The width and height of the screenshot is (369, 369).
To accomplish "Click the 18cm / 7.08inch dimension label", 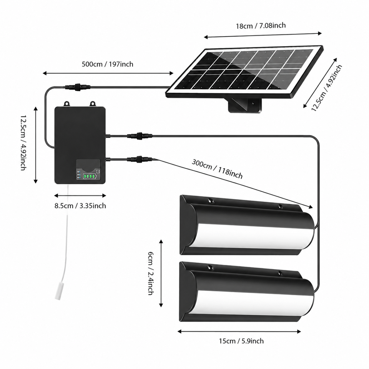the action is tap(261, 25).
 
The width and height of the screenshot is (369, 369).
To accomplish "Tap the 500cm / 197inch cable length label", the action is tap(107, 64).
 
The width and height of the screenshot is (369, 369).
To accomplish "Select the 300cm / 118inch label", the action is tap(217, 169).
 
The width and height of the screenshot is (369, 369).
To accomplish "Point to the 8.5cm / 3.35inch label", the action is tap(80, 206).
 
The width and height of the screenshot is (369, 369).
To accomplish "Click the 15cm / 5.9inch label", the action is tap(241, 341).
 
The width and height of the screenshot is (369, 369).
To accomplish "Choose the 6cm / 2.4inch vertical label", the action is tap(151, 273).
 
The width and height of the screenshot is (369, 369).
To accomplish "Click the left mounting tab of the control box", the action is tap(67, 104).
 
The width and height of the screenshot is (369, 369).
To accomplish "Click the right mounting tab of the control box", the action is tap(93, 104).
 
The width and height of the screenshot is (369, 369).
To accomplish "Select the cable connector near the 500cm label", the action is tap(78, 87).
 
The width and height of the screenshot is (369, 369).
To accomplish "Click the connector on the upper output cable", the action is tap(140, 136).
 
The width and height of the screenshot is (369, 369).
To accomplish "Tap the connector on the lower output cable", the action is tap(140, 159).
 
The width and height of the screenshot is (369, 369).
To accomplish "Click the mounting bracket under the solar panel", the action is tap(245, 105).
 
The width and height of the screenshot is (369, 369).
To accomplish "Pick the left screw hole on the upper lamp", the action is tap(210, 201).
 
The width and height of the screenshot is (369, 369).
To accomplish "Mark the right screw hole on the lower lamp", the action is tap(280, 273).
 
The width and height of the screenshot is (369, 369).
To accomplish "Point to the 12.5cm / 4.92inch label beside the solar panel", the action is tap(327, 88).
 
